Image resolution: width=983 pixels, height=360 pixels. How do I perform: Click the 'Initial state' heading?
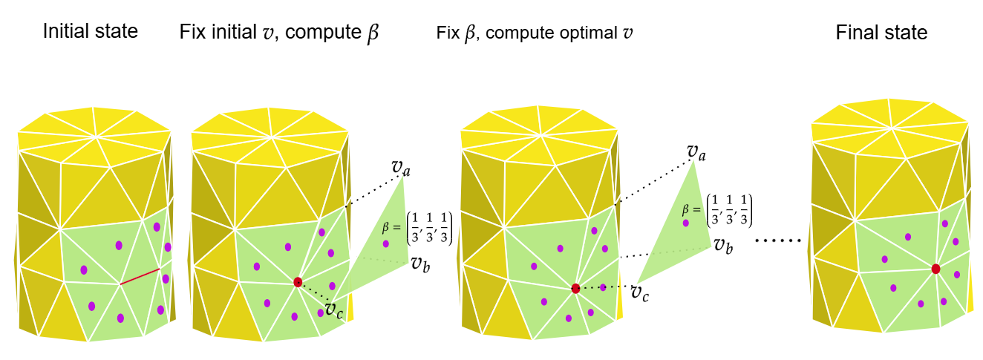pos(91,32)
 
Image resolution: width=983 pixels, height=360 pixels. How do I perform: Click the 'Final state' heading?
pos(881,33)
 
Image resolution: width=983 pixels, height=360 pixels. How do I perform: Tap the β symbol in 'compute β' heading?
pos(372,33)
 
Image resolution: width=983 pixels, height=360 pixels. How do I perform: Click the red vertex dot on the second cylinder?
pos(298,282)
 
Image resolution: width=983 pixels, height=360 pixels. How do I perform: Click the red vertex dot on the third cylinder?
pos(575,288)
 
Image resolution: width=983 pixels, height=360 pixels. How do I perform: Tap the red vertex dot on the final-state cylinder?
pos(935,269)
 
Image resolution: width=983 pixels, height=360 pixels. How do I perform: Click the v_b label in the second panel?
pos(417,263)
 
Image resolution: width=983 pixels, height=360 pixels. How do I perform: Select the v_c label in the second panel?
pos(333,308)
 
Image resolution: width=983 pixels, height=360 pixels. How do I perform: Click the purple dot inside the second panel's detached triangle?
pos(385,243)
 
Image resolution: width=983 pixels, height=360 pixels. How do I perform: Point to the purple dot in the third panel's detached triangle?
pos(686,223)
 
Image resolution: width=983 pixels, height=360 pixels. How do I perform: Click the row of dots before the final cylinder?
pos(779,240)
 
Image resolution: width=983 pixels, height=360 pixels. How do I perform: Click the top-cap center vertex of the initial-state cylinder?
pos(96,137)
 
